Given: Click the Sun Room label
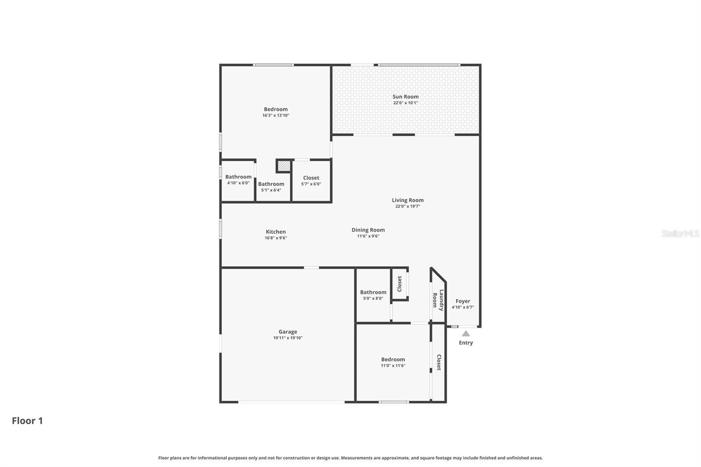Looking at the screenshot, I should pyautogui.click(x=405, y=97).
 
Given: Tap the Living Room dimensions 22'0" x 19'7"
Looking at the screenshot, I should pyautogui.click(x=407, y=206).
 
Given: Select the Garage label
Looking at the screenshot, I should pyautogui.click(x=288, y=332).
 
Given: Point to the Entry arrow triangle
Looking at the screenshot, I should pyautogui.click(x=466, y=333).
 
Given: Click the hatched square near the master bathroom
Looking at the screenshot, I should pyautogui.click(x=284, y=166).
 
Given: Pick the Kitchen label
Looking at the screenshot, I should pyautogui.click(x=276, y=232).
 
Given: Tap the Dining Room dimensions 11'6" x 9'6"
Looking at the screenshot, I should pyautogui.click(x=368, y=236).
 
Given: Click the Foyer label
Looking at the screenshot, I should pyautogui.click(x=463, y=301).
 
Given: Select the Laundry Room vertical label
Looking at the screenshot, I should pyautogui.click(x=438, y=300).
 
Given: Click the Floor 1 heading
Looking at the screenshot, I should pyautogui.click(x=27, y=421).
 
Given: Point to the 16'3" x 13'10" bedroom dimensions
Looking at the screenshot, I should pyautogui.click(x=276, y=116).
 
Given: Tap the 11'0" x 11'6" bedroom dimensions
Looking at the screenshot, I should pyautogui.click(x=393, y=366).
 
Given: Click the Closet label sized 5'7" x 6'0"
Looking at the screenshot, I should pyautogui.click(x=311, y=178).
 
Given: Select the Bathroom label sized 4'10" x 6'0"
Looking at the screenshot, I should pyautogui.click(x=238, y=177).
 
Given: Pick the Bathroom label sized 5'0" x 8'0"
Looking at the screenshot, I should pyautogui.click(x=373, y=292).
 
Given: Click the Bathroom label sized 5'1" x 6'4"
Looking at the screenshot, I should pyautogui.click(x=271, y=184).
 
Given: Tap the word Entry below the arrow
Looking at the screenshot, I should pyautogui.click(x=466, y=343).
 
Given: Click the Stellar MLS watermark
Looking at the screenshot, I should pyautogui.click(x=680, y=233).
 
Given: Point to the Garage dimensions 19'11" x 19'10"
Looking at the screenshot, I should pyautogui.click(x=288, y=338).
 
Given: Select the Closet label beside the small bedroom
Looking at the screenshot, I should pyautogui.click(x=439, y=362).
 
